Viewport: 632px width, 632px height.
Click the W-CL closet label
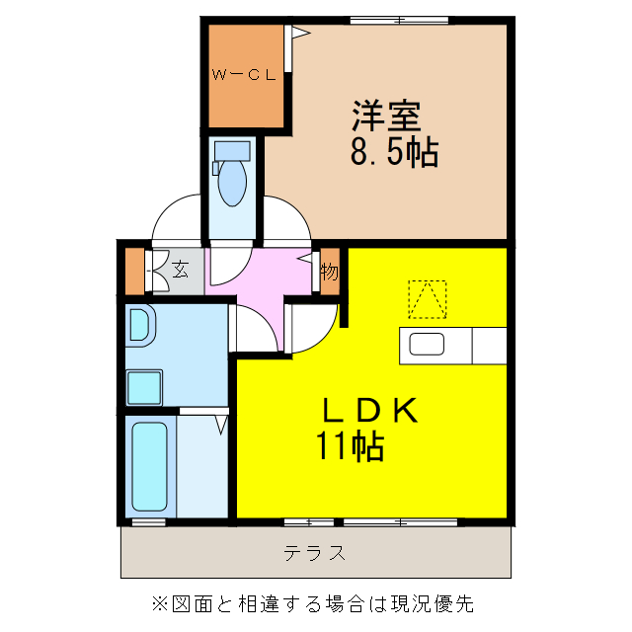click(244, 74)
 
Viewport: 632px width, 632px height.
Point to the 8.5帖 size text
click(393, 153)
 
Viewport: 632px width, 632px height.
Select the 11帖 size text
click(350, 447)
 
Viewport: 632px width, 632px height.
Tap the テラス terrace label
click(315, 553)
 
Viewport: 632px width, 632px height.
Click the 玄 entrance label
click(181, 269)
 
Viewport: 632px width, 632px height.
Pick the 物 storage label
click(330, 270)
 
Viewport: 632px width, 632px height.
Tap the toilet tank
click(232, 151)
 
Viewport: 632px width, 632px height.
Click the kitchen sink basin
click(428, 345)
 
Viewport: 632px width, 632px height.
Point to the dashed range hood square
click(428, 299)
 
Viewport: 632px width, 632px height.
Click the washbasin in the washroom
click(138, 326)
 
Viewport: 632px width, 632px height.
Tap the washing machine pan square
click(145, 387)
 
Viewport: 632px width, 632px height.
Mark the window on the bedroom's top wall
click(385, 20)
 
